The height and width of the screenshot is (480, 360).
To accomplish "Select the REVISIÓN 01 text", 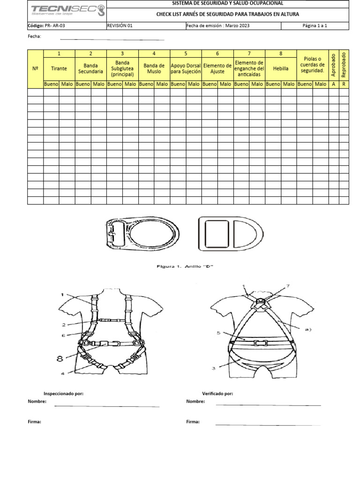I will click(x=120, y=26).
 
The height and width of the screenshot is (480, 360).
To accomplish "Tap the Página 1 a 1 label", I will click(x=315, y=26).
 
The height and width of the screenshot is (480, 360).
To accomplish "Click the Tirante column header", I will click(x=59, y=68).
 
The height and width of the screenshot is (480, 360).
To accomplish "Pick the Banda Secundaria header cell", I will click(x=90, y=68).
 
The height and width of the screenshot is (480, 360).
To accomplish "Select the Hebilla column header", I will click(x=281, y=68).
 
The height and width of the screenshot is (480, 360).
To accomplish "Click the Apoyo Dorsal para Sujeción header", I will click(x=186, y=68).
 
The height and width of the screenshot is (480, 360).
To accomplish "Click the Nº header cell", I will click(x=35, y=68).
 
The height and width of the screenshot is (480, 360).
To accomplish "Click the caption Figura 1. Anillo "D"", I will click(x=185, y=267).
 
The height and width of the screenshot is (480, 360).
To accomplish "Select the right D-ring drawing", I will click(x=230, y=233).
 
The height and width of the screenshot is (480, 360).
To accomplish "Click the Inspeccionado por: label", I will click(x=63, y=394).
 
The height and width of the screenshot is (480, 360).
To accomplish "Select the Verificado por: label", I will click(x=217, y=394).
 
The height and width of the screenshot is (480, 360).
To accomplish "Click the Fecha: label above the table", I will click(x=35, y=36).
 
